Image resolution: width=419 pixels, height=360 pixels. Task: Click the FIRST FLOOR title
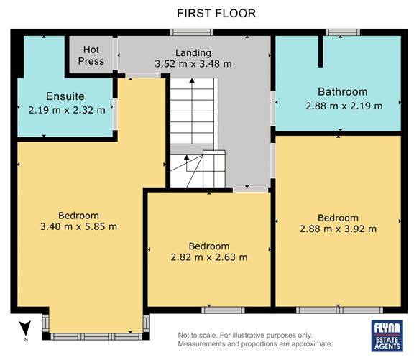click(x=216, y=13)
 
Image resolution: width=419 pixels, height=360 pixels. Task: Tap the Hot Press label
click(x=91, y=55)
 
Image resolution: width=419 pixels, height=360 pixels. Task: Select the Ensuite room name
click(x=65, y=96)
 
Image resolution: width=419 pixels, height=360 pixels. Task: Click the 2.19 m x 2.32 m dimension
click(x=67, y=110)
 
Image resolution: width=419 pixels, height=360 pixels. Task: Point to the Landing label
click(x=193, y=53)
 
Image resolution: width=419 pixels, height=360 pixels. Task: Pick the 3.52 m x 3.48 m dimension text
click(x=193, y=64)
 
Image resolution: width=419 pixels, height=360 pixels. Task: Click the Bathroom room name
click(x=343, y=92)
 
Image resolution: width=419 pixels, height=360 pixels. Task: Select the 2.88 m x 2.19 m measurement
click(x=344, y=106)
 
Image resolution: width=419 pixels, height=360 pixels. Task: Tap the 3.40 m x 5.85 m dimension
click(x=78, y=226)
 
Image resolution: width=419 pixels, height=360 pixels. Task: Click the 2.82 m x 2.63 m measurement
click(x=209, y=257)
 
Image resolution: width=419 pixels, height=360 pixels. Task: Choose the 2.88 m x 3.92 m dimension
click(x=338, y=229)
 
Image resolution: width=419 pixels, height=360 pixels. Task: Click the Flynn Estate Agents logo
click(x=387, y=336)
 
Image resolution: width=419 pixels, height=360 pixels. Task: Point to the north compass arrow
click(x=26, y=328)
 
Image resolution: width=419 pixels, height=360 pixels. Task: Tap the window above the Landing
click(x=192, y=32)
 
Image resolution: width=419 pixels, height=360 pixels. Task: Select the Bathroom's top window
click(x=343, y=32)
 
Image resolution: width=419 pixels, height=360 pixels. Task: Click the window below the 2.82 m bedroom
click(x=223, y=310)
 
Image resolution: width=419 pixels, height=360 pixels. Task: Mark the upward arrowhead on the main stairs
click(x=192, y=80)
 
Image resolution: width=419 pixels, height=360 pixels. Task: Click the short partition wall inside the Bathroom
click(x=321, y=51)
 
